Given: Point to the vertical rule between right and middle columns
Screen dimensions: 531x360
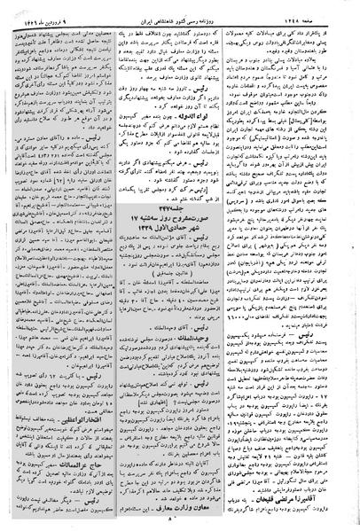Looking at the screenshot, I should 239,266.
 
